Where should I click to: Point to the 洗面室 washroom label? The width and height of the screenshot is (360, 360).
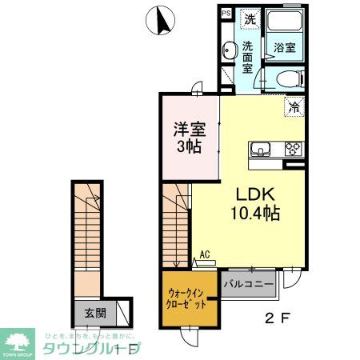coord(248,57)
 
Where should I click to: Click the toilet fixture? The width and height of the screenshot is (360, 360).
coord(289,78)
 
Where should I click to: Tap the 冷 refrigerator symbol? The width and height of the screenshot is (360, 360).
coord(294,106)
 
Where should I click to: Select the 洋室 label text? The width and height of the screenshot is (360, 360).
coord(190,129)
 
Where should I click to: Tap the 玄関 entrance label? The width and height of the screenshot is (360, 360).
coord(94,313)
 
